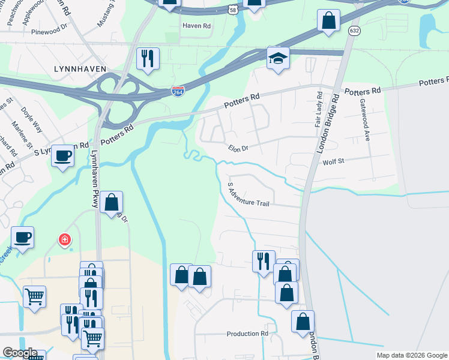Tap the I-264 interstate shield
pyautogui.click(x=178, y=90)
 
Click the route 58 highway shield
pyautogui.click(x=232, y=9)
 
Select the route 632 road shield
pyautogui.click(x=355, y=31)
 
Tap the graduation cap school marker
pyautogui.click(x=278, y=58)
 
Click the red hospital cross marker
pyautogui.click(x=64, y=241)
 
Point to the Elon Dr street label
pyautogui.click(x=238, y=148)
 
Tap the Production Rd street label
pyautogui.click(x=247, y=334)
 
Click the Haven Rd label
pyautogui.click(x=197, y=26)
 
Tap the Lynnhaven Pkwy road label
pyautogui.click(x=94, y=178)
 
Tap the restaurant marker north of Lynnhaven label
pyautogui.click(x=148, y=58)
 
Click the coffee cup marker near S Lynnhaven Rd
pyautogui.click(x=62, y=156)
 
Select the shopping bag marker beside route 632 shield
pyautogui.click(x=328, y=20)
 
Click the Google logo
pyautogui.click(x=20, y=353)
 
